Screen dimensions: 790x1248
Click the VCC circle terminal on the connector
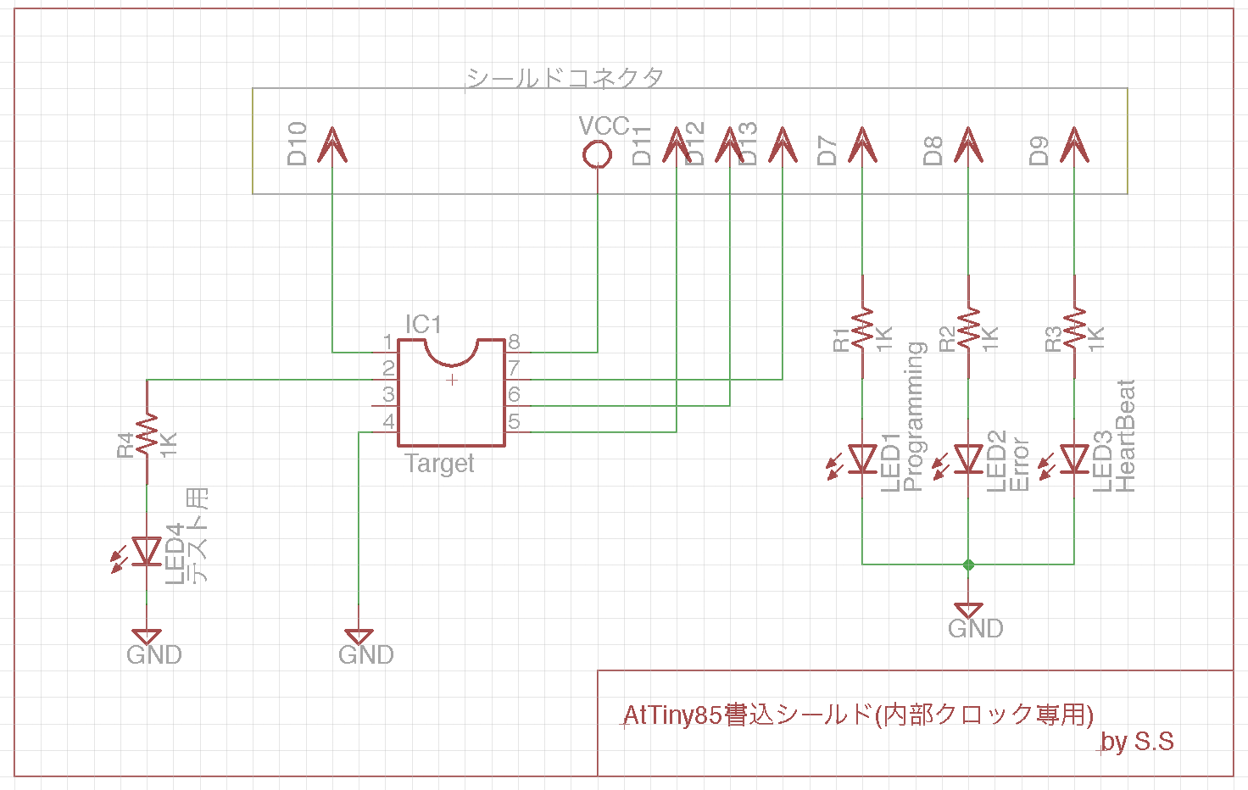(598, 154)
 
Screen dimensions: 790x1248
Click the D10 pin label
(297, 143)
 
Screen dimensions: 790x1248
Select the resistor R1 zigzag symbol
(862, 328)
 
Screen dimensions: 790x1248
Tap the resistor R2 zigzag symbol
(968, 328)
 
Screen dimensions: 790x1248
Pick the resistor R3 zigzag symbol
(1074, 328)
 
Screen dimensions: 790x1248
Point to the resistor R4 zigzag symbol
(147, 433)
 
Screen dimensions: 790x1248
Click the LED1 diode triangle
(862, 459)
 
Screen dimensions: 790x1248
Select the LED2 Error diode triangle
(968, 459)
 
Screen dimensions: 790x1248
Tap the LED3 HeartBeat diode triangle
(1074, 459)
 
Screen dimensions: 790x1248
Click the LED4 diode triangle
(147, 552)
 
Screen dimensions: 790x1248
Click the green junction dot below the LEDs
(968, 565)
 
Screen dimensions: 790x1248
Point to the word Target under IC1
(439, 464)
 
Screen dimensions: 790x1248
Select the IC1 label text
(423, 325)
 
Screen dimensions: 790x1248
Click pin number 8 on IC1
(514, 342)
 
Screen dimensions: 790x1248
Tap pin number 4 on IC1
(388, 421)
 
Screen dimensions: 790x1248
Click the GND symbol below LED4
(147, 637)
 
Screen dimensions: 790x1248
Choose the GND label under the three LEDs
(976, 628)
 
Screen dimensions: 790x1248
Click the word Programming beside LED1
(914, 416)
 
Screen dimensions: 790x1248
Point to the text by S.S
(1137, 742)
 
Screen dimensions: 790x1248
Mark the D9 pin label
(1039, 151)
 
